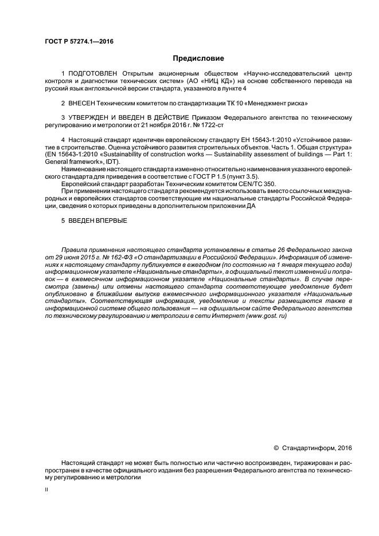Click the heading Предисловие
coord(198,59)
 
